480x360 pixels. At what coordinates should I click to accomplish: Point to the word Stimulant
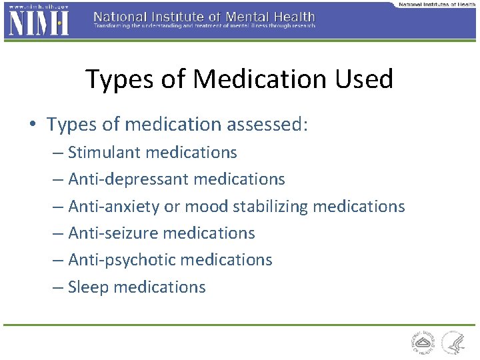[x=104, y=153]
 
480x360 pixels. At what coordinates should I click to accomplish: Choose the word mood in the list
[x=206, y=207]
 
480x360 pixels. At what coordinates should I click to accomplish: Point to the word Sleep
[x=89, y=287]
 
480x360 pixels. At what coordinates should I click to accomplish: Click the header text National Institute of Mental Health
[x=204, y=15]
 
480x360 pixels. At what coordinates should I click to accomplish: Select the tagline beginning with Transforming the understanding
[x=204, y=26]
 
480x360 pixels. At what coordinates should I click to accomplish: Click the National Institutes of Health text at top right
[x=437, y=4]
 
